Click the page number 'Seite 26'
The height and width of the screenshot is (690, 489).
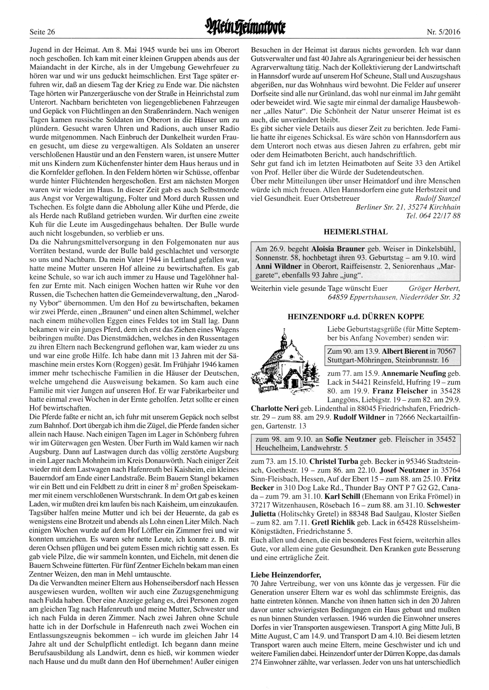click(42, 33)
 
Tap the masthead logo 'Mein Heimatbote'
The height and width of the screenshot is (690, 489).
click(244, 31)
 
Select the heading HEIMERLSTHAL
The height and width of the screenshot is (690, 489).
click(356, 231)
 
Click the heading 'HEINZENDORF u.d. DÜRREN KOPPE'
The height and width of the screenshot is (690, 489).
click(356, 317)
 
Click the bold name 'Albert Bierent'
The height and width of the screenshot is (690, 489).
click(405, 351)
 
